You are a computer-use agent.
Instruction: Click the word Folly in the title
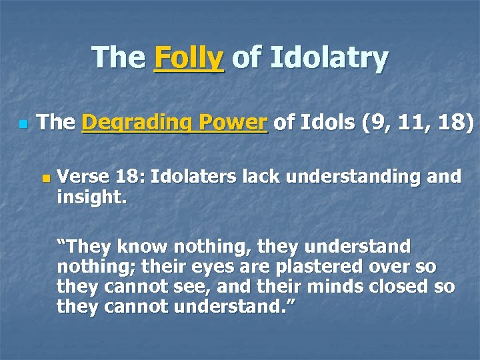tap(189, 58)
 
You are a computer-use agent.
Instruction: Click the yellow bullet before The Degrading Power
tap(23, 124)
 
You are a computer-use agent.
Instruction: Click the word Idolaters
tap(194, 177)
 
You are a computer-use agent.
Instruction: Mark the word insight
tap(85, 197)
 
